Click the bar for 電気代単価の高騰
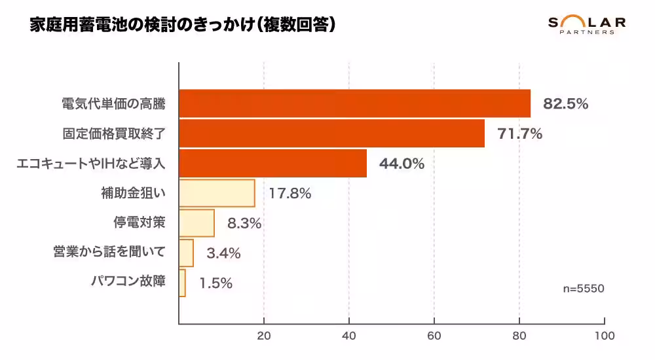(x=354, y=103)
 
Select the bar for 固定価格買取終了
(x=331, y=134)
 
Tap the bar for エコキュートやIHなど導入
(x=272, y=163)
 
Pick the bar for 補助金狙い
(x=217, y=193)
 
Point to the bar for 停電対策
(x=196, y=223)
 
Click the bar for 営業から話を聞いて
(x=186, y=253)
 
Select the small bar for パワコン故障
(x=182, y=283)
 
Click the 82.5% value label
(x=566, y=103)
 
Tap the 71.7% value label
(x=520, y=134)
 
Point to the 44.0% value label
(x=402, y=164)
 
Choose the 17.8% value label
(x=289, y=194)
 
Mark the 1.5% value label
(x=215, y=283)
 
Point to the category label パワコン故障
(x=128, y=282)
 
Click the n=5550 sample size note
(x=583, y=289)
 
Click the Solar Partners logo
(x=586, y=25)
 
